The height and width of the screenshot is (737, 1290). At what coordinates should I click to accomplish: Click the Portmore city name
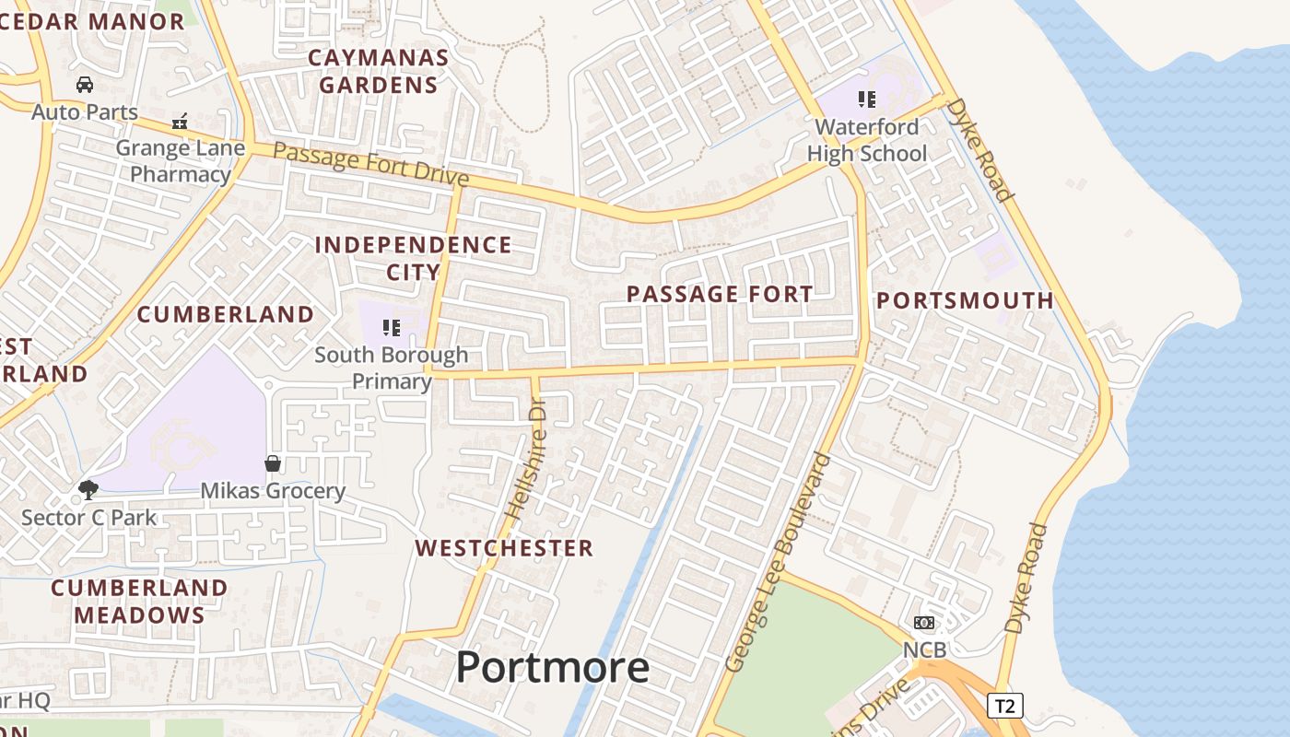[552, 667]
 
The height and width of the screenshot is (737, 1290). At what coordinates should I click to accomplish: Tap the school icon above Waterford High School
[866, 99]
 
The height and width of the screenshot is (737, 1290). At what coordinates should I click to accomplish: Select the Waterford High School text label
[867, 140]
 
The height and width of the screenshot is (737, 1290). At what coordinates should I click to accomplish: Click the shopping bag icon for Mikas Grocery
[273, 462]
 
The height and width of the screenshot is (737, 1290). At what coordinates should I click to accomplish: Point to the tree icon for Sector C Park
[88, 489]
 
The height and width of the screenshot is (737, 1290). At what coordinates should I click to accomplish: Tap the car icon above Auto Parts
[85, 85]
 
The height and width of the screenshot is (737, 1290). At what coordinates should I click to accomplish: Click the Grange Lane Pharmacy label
[181, 161]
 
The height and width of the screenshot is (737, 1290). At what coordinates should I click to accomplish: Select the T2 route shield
[1004, 707]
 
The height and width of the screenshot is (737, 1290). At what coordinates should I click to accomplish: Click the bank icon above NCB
[924, 623]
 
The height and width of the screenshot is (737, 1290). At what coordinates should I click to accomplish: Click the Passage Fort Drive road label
[371, 164]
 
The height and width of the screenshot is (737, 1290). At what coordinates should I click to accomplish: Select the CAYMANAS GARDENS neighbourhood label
[378, 71]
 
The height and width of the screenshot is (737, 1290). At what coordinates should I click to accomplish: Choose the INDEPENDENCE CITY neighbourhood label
[413, 258]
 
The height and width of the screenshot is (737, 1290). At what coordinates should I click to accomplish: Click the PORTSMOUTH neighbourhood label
[965, 300]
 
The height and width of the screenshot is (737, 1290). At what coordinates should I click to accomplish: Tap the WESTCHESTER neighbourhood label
[504, 548]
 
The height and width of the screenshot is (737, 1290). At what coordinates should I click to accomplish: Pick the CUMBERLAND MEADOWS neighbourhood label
[139, 601]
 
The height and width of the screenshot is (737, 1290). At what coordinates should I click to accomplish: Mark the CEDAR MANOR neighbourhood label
[92, 22]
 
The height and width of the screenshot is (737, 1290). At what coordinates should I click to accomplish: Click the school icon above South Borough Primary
[392, 327]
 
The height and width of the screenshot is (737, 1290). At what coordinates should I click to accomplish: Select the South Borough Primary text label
[392, 368]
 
